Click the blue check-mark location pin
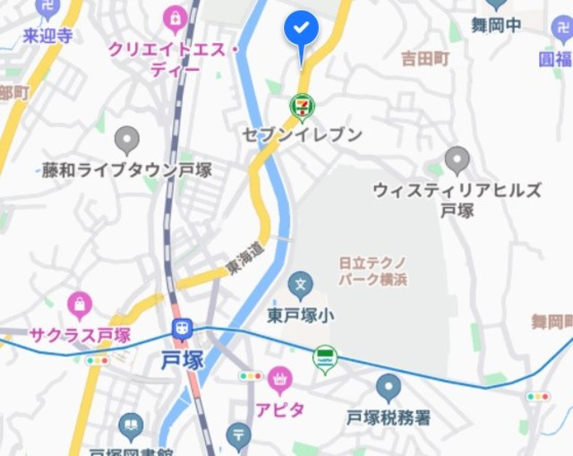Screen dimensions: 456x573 [302, 31]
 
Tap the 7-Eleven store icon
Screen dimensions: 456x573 [303, 107]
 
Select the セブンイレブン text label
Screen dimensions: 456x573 [303, 134]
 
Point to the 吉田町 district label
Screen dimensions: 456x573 [424, 59]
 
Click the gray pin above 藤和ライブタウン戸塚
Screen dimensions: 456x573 [127, 139]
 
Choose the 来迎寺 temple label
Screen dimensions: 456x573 [47, 36]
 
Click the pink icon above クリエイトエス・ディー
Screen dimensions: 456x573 [175, 17]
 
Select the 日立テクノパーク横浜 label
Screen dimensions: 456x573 [372, 271]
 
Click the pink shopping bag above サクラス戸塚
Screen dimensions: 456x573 [79, 305]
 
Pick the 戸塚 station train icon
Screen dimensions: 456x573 [182, 329]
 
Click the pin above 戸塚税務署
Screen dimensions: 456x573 [388, 388]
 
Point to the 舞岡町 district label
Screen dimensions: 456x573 [552, 321]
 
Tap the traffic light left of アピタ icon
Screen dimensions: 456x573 [251, 376]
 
